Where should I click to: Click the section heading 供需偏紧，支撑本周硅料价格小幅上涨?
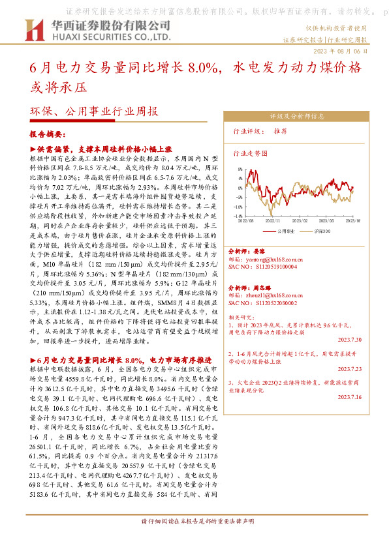pos(106,149)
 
